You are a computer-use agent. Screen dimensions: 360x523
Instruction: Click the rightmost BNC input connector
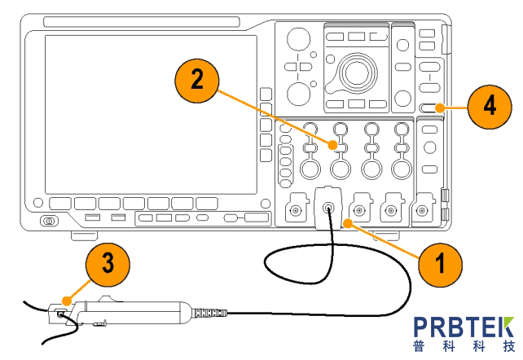tap(421, 211)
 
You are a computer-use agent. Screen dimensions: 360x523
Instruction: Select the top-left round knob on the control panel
tap(298, 38)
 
